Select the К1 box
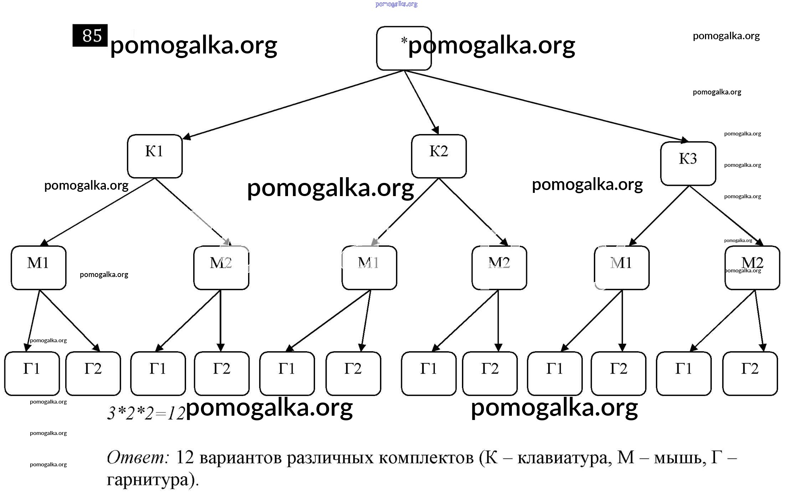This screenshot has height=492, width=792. [x=155, y=156]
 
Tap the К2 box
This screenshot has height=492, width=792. [x=439, y=156]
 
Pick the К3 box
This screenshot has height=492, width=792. [x=688, y=164]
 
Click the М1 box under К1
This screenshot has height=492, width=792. [x=38, y=267]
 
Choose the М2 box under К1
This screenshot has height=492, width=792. [x=221, y=267]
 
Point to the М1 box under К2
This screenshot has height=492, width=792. [x=369, y=267]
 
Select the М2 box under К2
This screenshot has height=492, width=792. [x=499, y=267]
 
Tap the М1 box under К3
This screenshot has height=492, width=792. [x=622, y=267]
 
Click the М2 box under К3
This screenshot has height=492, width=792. [x=752, y=267]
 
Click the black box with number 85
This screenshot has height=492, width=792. [x=90, y=35]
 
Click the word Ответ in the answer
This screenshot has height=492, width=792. [x=138, y=457]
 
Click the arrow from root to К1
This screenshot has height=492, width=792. [x=292, y=104]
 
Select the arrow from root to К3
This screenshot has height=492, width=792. [x=545, y=106]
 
